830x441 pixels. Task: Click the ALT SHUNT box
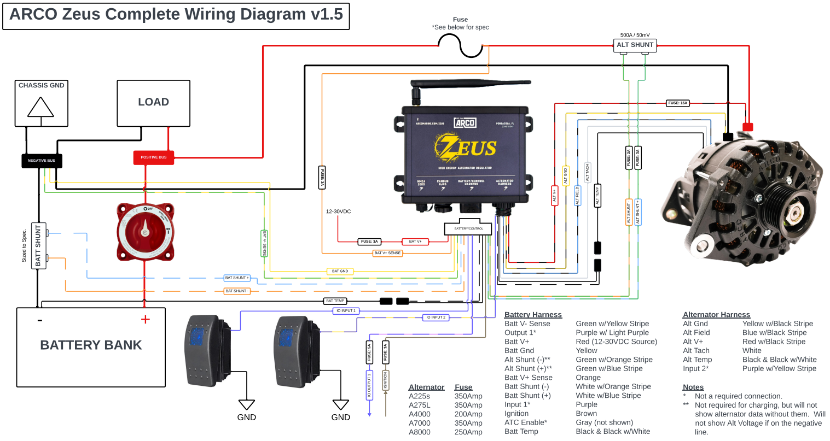(635, 45)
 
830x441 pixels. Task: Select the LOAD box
(153, 103)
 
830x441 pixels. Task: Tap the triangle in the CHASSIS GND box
(40, 107)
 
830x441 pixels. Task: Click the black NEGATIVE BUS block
(42, 161)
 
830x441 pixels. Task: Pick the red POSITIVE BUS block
(154, 157)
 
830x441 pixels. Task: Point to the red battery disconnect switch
(145, 232)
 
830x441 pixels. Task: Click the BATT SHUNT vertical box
(38, 245)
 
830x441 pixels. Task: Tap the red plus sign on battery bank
(145, 320)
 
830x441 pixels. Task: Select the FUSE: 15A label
(677, 103)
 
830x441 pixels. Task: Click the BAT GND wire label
(340, 271)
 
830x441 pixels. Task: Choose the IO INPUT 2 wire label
(436, 317)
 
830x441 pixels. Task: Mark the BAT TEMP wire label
(335, 301)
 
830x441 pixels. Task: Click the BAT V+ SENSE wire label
(387, 253)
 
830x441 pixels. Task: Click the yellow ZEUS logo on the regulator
(465, 148)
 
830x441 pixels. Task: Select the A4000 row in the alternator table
(420, 414)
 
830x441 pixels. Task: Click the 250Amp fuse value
(468, 432)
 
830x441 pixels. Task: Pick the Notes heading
(693, 387)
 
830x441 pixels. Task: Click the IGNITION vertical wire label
(386, 380)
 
